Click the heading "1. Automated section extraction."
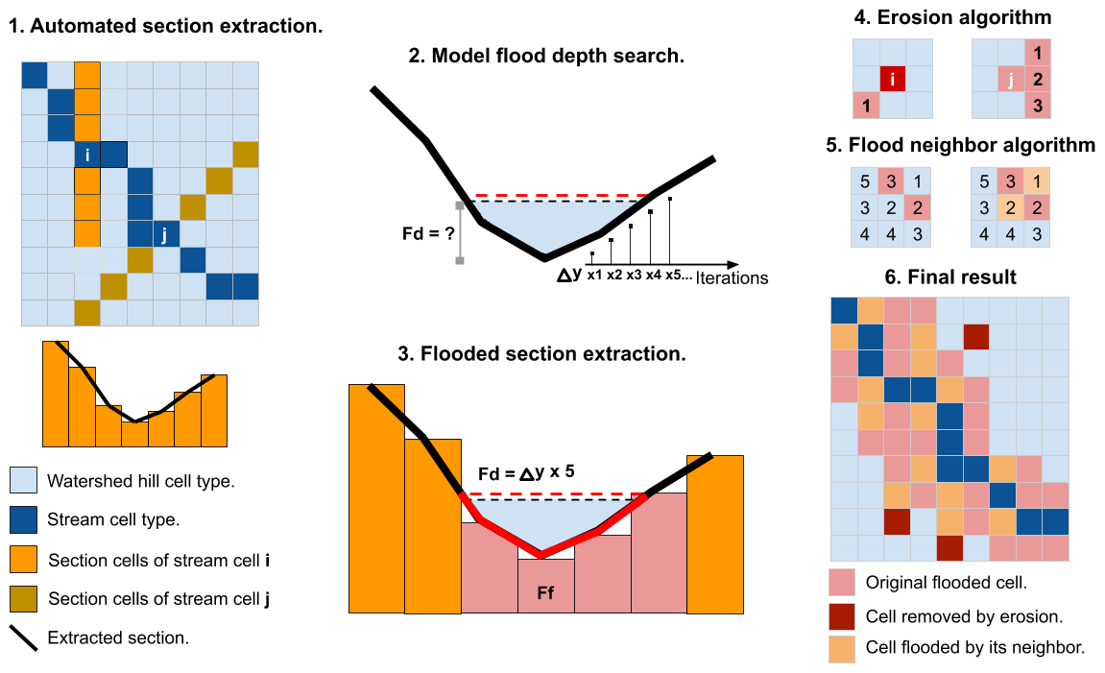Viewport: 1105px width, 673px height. (164, 26)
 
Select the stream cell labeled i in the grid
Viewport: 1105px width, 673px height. (87, 155)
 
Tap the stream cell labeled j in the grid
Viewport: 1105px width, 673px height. (166, 233)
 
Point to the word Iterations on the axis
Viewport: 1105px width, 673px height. (733, 278)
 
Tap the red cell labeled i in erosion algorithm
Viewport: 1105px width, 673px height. (893, 80)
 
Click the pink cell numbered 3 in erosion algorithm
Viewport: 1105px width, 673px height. (1038, 105)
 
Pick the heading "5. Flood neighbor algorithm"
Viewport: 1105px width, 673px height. (960, 145)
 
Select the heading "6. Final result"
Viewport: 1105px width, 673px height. (949, 277)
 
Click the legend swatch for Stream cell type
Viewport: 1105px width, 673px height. (23, 519)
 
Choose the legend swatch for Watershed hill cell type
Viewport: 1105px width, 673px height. (23, 480)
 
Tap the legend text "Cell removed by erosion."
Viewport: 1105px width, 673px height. (964, 616)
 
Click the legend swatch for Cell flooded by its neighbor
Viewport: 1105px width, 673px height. (841, 648)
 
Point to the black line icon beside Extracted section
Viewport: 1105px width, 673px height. (23, 637)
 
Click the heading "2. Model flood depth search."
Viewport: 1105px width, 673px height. (546, 56)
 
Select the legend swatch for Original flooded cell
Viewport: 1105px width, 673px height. (841, 583)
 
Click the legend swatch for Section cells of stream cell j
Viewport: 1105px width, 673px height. (23, 598)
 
